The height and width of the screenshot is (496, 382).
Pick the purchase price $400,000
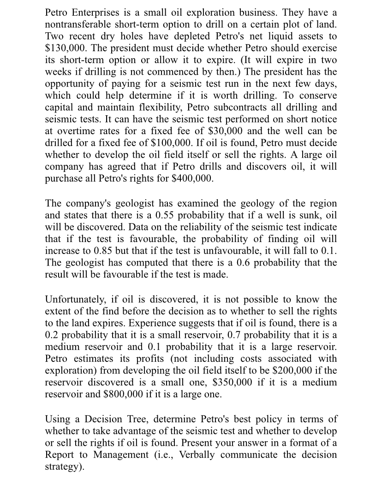192,179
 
